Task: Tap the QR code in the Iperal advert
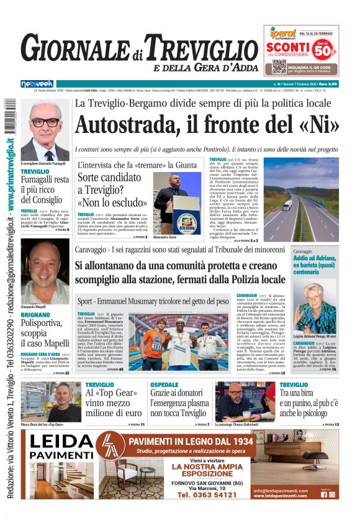click(279, 66)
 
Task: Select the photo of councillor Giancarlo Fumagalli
click(45, 132)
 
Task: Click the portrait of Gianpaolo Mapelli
click(45, 272)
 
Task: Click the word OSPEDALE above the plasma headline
click(164, 385)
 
